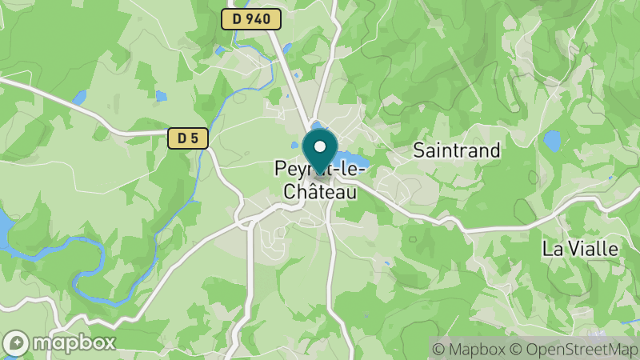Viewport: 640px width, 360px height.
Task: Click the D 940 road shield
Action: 251,19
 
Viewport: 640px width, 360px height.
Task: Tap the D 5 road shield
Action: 188,138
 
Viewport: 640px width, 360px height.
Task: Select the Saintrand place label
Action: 457,150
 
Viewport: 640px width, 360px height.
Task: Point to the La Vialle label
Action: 580,249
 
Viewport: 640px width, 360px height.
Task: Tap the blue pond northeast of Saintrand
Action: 552,141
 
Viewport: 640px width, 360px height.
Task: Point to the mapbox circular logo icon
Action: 16,342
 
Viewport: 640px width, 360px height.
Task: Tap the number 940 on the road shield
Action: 259,19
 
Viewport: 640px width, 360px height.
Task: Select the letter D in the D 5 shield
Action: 182,138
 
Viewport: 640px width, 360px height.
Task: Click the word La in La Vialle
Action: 552,249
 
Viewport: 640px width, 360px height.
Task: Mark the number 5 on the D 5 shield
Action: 195,138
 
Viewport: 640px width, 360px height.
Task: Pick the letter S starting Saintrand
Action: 419,150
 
